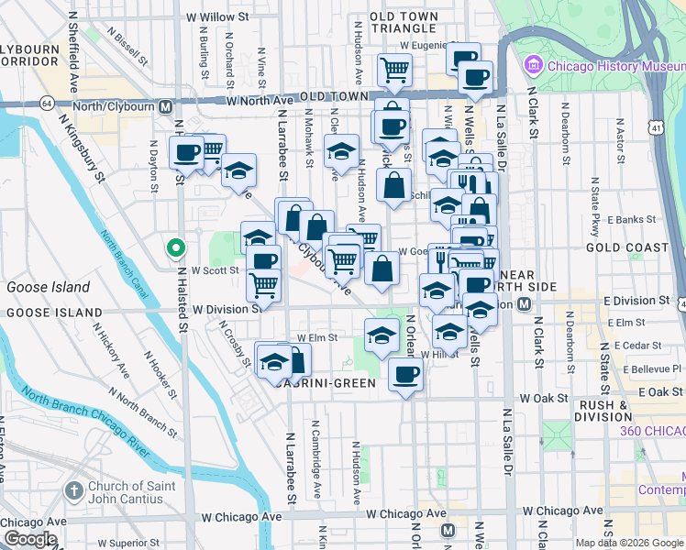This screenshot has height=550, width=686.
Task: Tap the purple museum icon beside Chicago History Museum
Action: click(533, 65)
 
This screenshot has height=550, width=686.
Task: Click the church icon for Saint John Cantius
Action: click(74, 491)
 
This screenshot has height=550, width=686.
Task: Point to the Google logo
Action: click(29, 540)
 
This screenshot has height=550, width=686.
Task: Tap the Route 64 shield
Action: click(46, 104)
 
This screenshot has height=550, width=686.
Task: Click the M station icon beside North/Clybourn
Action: click(166, 105)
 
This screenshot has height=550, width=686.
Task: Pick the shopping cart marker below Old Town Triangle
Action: click(395, 69)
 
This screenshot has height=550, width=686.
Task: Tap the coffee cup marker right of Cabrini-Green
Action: click(404, 373)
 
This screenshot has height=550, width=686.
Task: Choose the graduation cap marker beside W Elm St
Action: click(382, 335)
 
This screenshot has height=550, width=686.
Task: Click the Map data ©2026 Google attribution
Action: click(629, 543)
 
